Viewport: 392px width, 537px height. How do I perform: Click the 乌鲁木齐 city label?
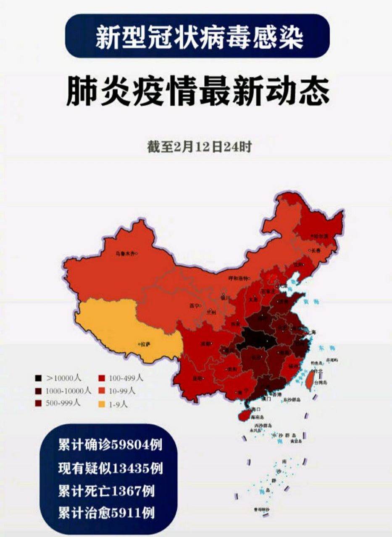coord(126,253)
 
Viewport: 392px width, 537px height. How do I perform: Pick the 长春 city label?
coord(315,250)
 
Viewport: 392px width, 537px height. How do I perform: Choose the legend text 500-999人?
coord(63,404)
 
